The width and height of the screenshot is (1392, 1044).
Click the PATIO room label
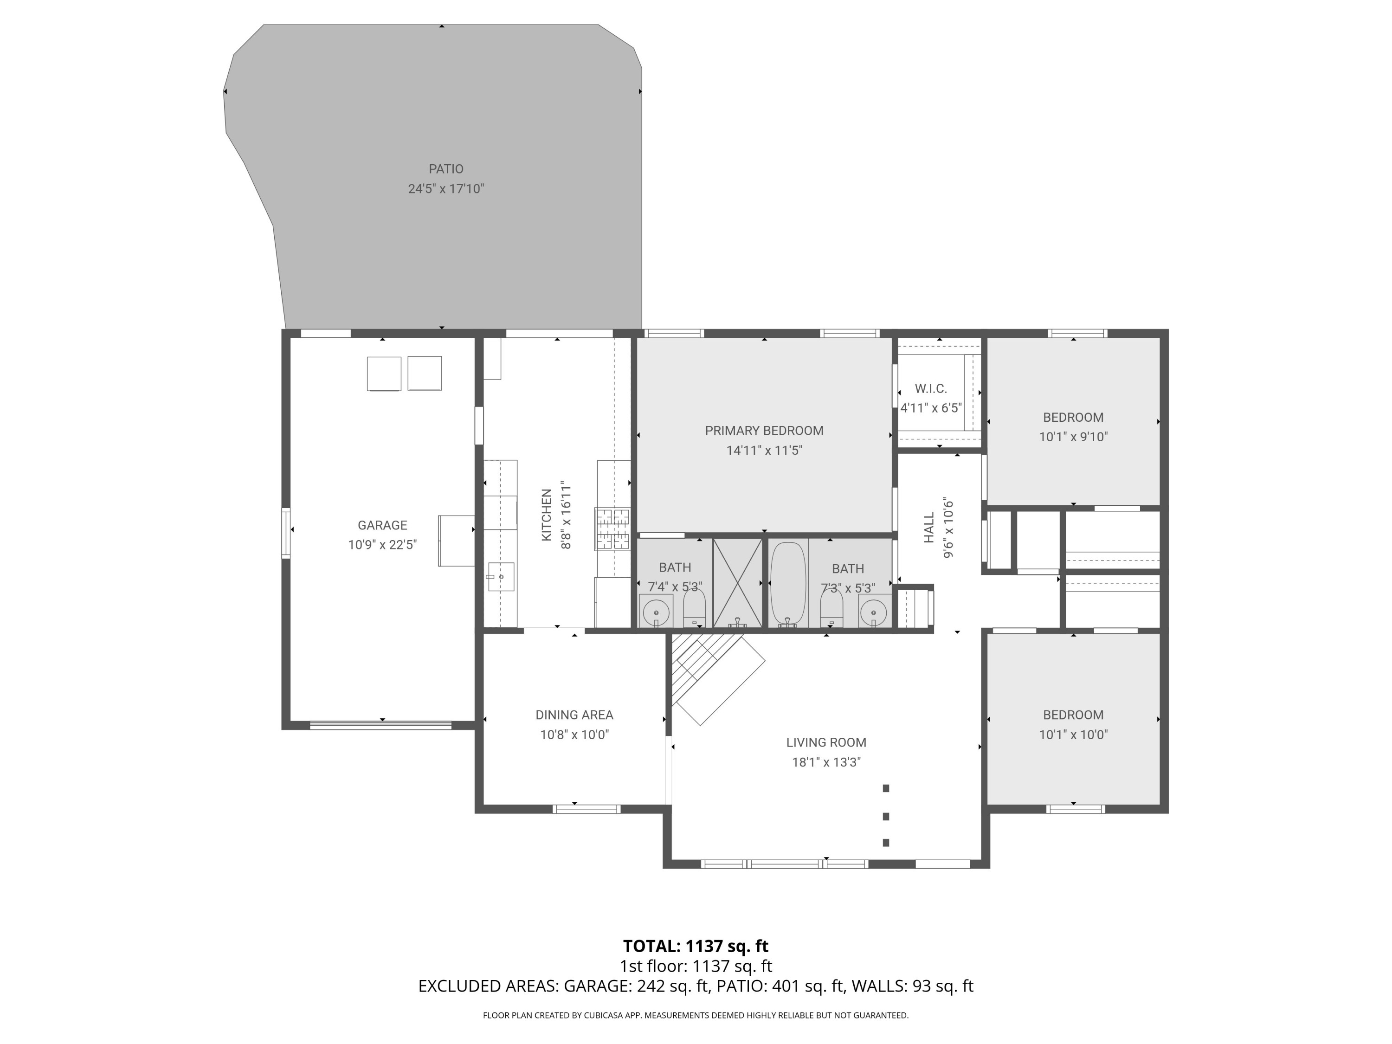445,168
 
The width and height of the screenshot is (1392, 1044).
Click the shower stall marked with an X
737,583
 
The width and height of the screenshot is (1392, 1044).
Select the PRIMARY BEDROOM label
763,431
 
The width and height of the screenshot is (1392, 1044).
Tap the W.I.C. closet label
931,389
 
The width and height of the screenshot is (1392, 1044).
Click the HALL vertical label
929,528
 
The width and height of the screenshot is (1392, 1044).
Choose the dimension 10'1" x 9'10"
1073,437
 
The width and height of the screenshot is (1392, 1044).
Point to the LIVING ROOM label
825,742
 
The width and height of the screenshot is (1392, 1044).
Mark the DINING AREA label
574,715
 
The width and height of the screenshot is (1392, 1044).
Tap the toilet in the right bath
831,609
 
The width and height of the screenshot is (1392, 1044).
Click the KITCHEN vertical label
546,515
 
